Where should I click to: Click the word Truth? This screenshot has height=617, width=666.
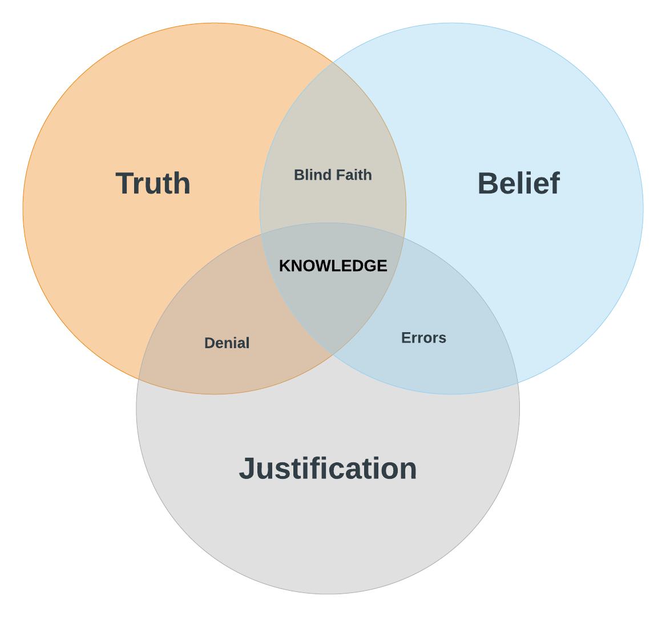[x=153, y=184]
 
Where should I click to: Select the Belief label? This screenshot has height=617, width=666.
[x=518, y=184]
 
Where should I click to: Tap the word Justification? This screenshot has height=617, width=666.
[x=328, y=469]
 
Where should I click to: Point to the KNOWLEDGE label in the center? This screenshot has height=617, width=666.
[x=333, y=266]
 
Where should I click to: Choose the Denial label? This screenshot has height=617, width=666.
[x=227, y=343]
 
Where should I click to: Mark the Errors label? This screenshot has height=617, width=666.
[x=423, y=338]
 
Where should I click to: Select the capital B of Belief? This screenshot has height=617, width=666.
[x=487, y=184]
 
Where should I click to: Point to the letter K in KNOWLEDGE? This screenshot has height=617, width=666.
[x=284, y=266]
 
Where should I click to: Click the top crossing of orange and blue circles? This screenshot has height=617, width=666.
[x=333, y=62]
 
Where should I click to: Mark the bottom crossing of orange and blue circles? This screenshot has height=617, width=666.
[x=333, y=354]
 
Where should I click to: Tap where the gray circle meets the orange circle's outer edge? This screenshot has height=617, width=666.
[x=139, y=379]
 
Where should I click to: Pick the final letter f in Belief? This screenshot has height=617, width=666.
[x=554, y=184]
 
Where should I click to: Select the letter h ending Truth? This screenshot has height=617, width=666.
[x=182, y=184]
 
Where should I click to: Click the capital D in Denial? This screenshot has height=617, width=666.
[x=209, y=343]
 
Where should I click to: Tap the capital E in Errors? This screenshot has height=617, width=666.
[x=405, y=338]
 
